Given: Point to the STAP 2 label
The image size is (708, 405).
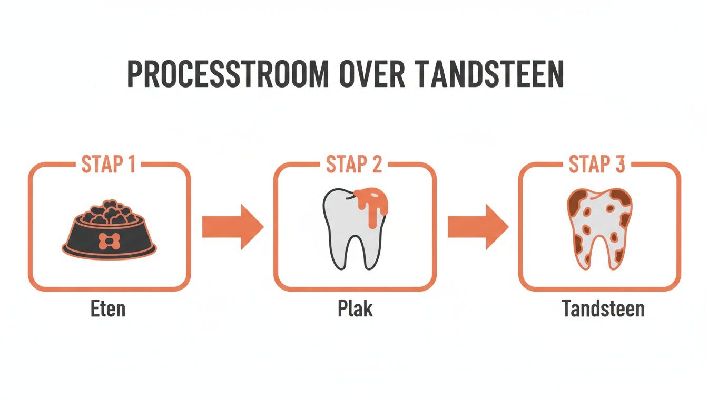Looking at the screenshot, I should point(354,165).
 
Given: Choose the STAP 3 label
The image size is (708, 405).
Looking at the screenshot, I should point(597,165).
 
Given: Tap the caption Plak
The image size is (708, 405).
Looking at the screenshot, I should point(355,308).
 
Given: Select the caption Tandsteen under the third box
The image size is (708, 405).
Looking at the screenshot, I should point(603,308).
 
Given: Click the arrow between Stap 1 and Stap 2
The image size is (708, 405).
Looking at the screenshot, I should point(232,227).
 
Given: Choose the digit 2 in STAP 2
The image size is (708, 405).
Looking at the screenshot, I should point(376,165).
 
